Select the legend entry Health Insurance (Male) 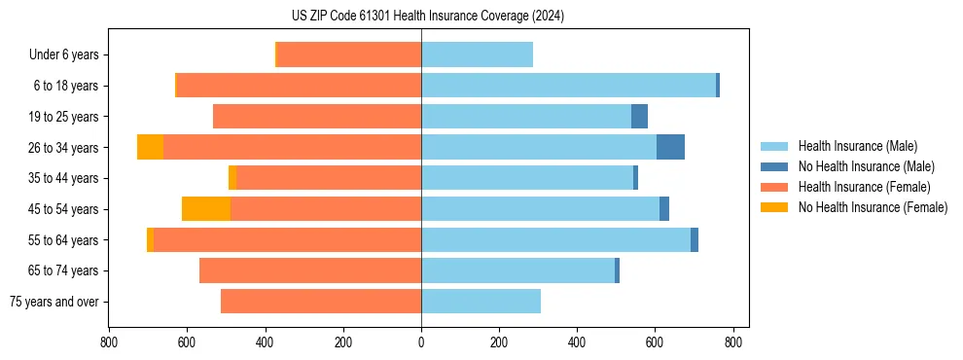pyautogui.click(x=857, y=146)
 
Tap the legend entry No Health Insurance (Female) pyautogui.click(x=873, y=207)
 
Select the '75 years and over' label pyautogui.click(x=53, y=302)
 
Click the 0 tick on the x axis pyautogui.click(x=421, y=342)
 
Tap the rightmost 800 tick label pyautogui.click(x=733, y=342)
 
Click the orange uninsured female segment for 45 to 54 pyautogui.click(x=206, y=209)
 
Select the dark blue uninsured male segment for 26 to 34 pyautogui.click(x=670, y=147)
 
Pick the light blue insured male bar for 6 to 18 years pyautogui.click(x=568, y=86)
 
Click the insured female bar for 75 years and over pyautogui.click(x=321, y=302)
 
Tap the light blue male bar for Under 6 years pyautogui.click(x=477, y=54)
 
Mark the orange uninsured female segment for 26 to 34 pyautogui.click(x=150, y=147)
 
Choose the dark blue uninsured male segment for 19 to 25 pyautogui.click(x=639, y=117)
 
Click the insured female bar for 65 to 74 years pyautogui.click(x=310, y=270)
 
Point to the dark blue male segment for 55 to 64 pyautogui.click(x=695, y=239)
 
